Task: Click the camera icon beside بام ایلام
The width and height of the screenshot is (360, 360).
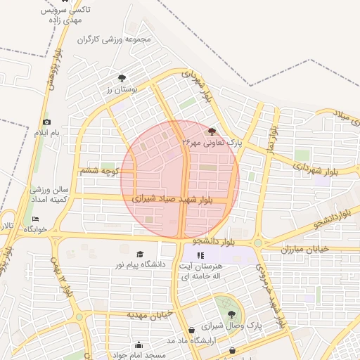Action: [x=47, y=122]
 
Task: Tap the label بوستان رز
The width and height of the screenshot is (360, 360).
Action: [x=121, y=90]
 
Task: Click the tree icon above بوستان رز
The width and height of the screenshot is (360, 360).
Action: [x=122, y=79]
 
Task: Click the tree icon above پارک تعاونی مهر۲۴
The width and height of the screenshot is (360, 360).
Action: [x=212, y=131]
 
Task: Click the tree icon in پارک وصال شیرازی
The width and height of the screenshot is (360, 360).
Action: [x=232, y=315]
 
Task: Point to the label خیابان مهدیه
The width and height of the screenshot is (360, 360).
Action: [x=150, y=314]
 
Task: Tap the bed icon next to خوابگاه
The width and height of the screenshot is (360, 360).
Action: [x=36, y=219]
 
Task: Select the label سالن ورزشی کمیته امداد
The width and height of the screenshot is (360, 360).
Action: [x=49, y=195]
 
